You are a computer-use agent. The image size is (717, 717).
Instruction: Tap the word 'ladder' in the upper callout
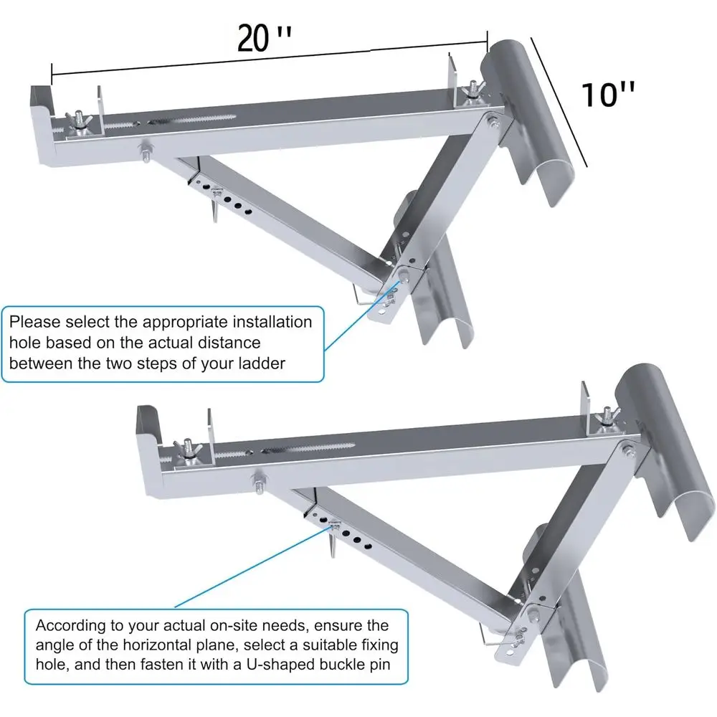pyautogui.click(x=260, y=364)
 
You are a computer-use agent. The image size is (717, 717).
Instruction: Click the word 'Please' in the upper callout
pyautogui.click(x=34, y=322)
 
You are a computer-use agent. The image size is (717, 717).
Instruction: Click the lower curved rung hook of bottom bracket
pyautogui.click(x=574, y=631)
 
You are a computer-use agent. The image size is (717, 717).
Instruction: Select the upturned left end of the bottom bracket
pyautogui.click(x=148, y=424)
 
